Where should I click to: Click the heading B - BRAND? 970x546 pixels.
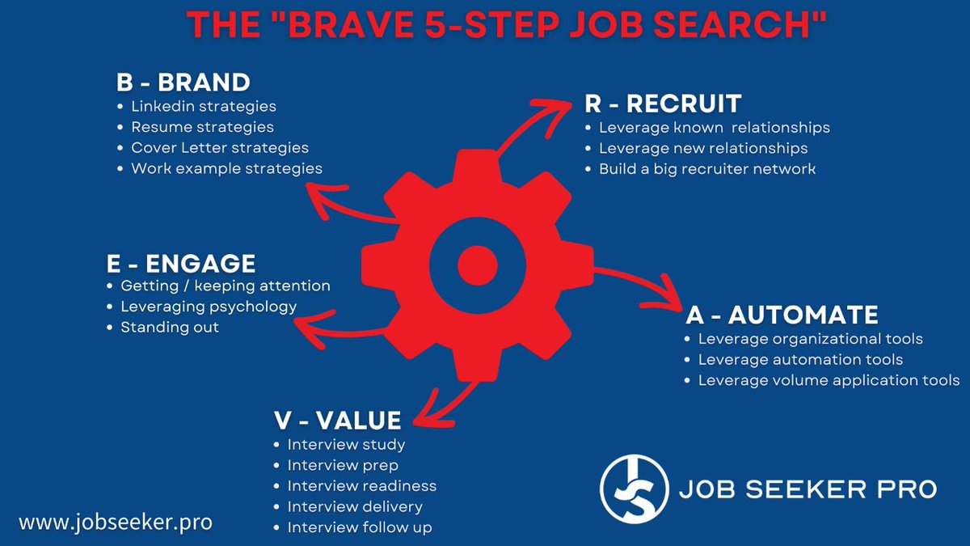click(x=183, y=83)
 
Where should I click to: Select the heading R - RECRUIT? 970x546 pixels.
click(x=663, y=104)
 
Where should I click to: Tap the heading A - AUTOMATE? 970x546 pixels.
click(x=782, y=315)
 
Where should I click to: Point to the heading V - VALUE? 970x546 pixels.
click(x=338, y=420)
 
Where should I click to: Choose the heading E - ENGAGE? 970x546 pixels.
click(x=181, y=264)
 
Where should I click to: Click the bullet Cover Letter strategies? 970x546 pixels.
click(x=220, y=148)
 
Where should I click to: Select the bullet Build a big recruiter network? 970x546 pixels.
click(x=707, y=169)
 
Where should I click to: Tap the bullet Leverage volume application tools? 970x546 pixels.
click(x=829, y=380)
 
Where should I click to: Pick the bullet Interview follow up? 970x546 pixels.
click(x=360, y=527)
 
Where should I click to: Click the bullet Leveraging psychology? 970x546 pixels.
click(x=209, y=307)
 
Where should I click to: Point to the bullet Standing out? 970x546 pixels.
click(x=170, y=328)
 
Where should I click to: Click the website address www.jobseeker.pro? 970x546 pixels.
click(x=116, y=523)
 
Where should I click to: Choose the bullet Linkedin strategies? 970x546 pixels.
click(x=204, y=106)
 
